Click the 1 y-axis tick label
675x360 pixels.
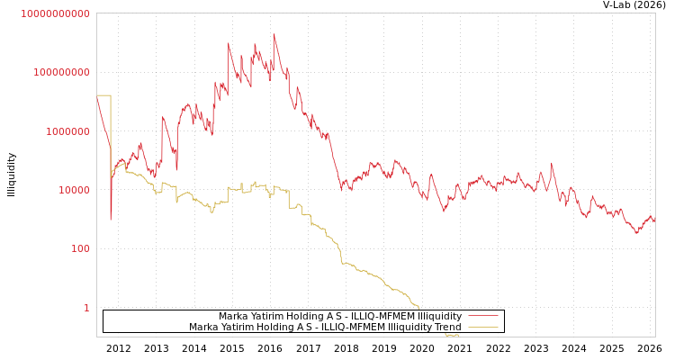(87, 308)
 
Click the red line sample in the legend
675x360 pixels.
(483, 317)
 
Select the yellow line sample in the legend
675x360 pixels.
(483, 328)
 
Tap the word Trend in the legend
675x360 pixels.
(446, 328)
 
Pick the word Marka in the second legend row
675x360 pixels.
(203, 328)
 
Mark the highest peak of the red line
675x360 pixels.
(274, 35)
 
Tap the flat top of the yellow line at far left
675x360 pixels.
(103, 95)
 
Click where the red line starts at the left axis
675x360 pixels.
(97, 97)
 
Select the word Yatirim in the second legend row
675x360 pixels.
(241, 328)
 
